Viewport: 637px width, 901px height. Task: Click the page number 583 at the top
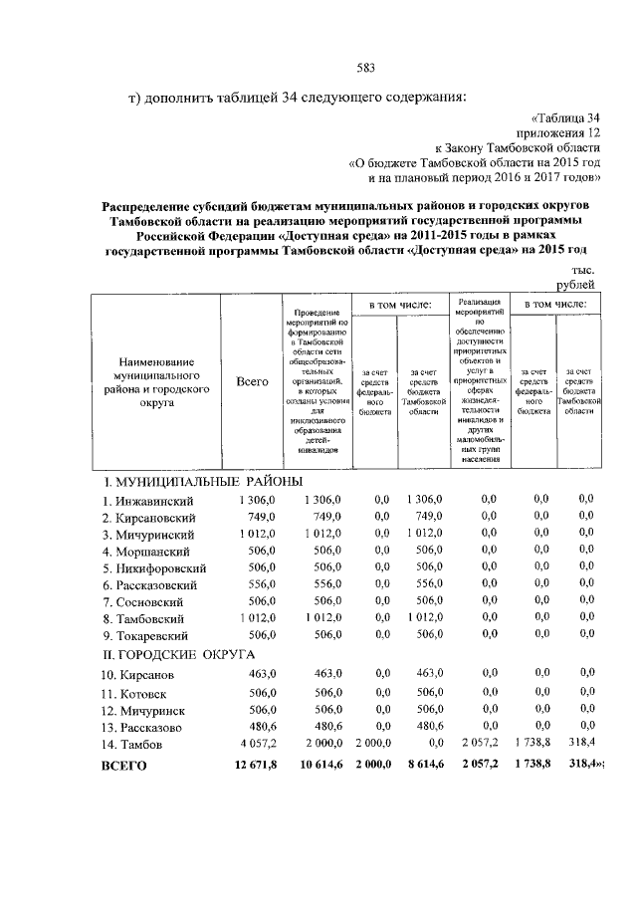coord(365,68)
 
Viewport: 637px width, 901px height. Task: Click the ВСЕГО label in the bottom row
coord(125,766)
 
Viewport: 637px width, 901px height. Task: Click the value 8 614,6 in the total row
coord(419,765)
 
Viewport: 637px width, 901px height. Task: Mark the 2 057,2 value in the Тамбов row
coord(481,743)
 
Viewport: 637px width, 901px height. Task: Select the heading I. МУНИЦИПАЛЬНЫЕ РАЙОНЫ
coord(203,482)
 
